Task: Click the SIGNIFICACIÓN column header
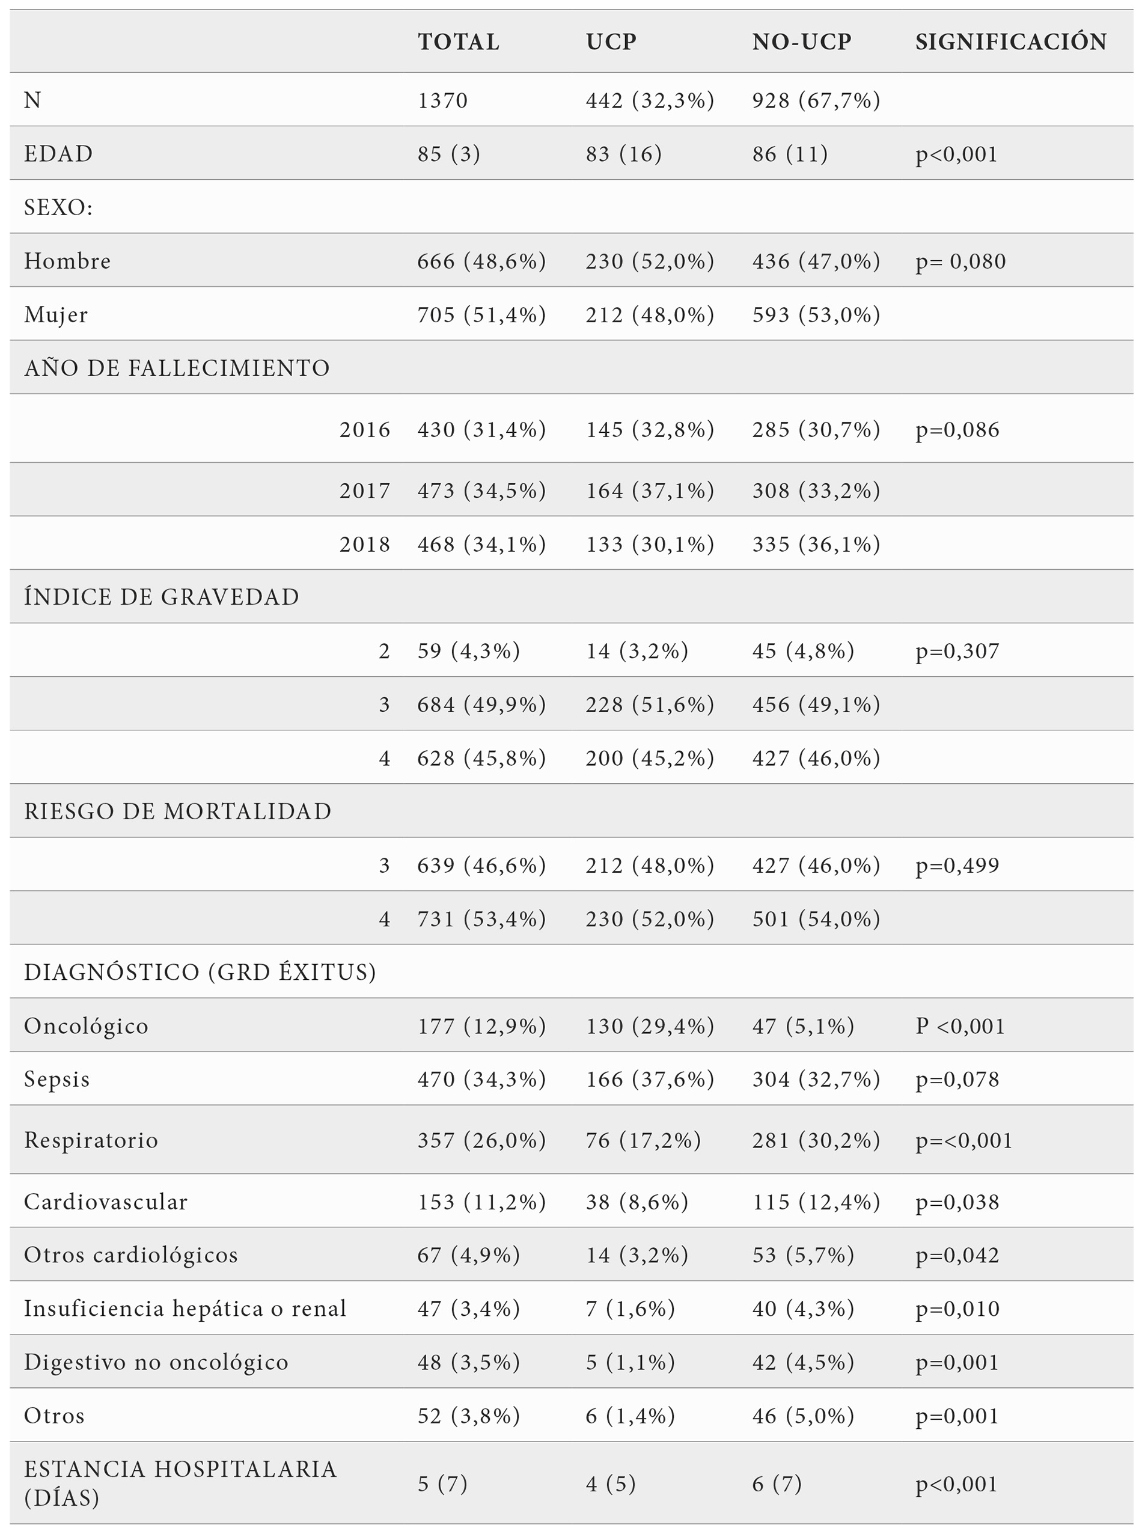(x=1010, y=41)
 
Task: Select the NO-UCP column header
(x=802, y=41)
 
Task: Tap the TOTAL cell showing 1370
(x=442, y=100)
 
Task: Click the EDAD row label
(x=58, y=153)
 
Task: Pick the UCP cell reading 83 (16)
(x=623, y=153)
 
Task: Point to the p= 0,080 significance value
(x=960, y=261)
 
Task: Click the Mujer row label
(x=56, y=315)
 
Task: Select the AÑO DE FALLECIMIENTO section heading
(x=177, y=368)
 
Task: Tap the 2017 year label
(x=364, y=490)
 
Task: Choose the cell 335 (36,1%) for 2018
(x=816, y=544)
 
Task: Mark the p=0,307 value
(x=957, y=650)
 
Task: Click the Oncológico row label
(x=86, y=1026)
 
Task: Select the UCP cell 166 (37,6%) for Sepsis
(x=650, y=1079)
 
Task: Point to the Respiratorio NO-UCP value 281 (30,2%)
(x=816, y=1140)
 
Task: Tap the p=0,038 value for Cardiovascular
(x=957, y=1202)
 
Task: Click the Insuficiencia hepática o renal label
(x=185, y=1309)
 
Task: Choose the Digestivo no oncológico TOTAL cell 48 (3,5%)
(x=468, y=1362)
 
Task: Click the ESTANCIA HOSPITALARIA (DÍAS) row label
(x=180, y=1483)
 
